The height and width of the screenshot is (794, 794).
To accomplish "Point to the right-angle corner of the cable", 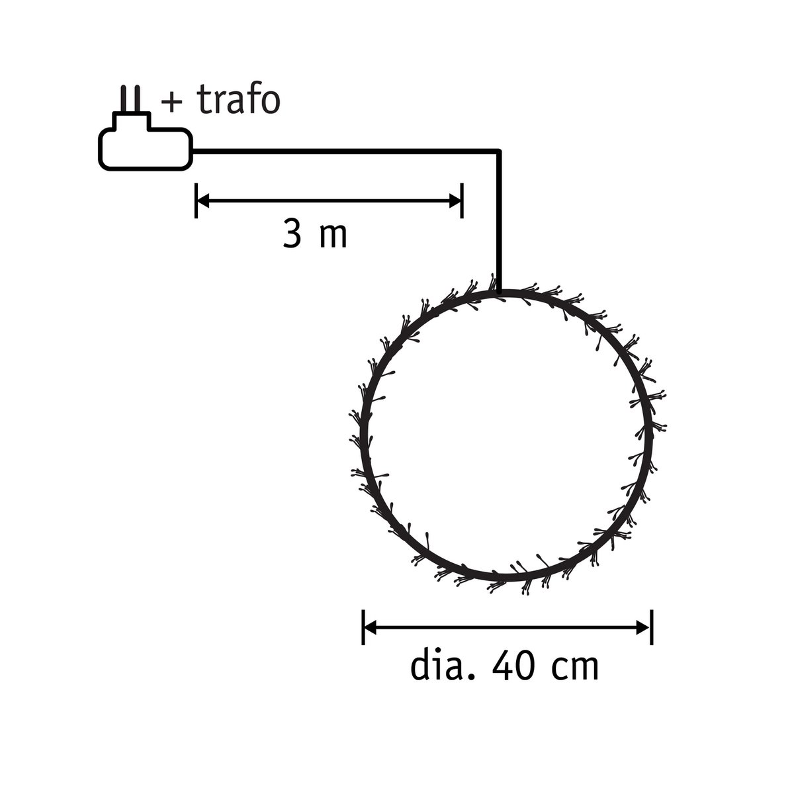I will tap(500, 152).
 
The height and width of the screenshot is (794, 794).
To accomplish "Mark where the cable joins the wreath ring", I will tap(500, 291).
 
